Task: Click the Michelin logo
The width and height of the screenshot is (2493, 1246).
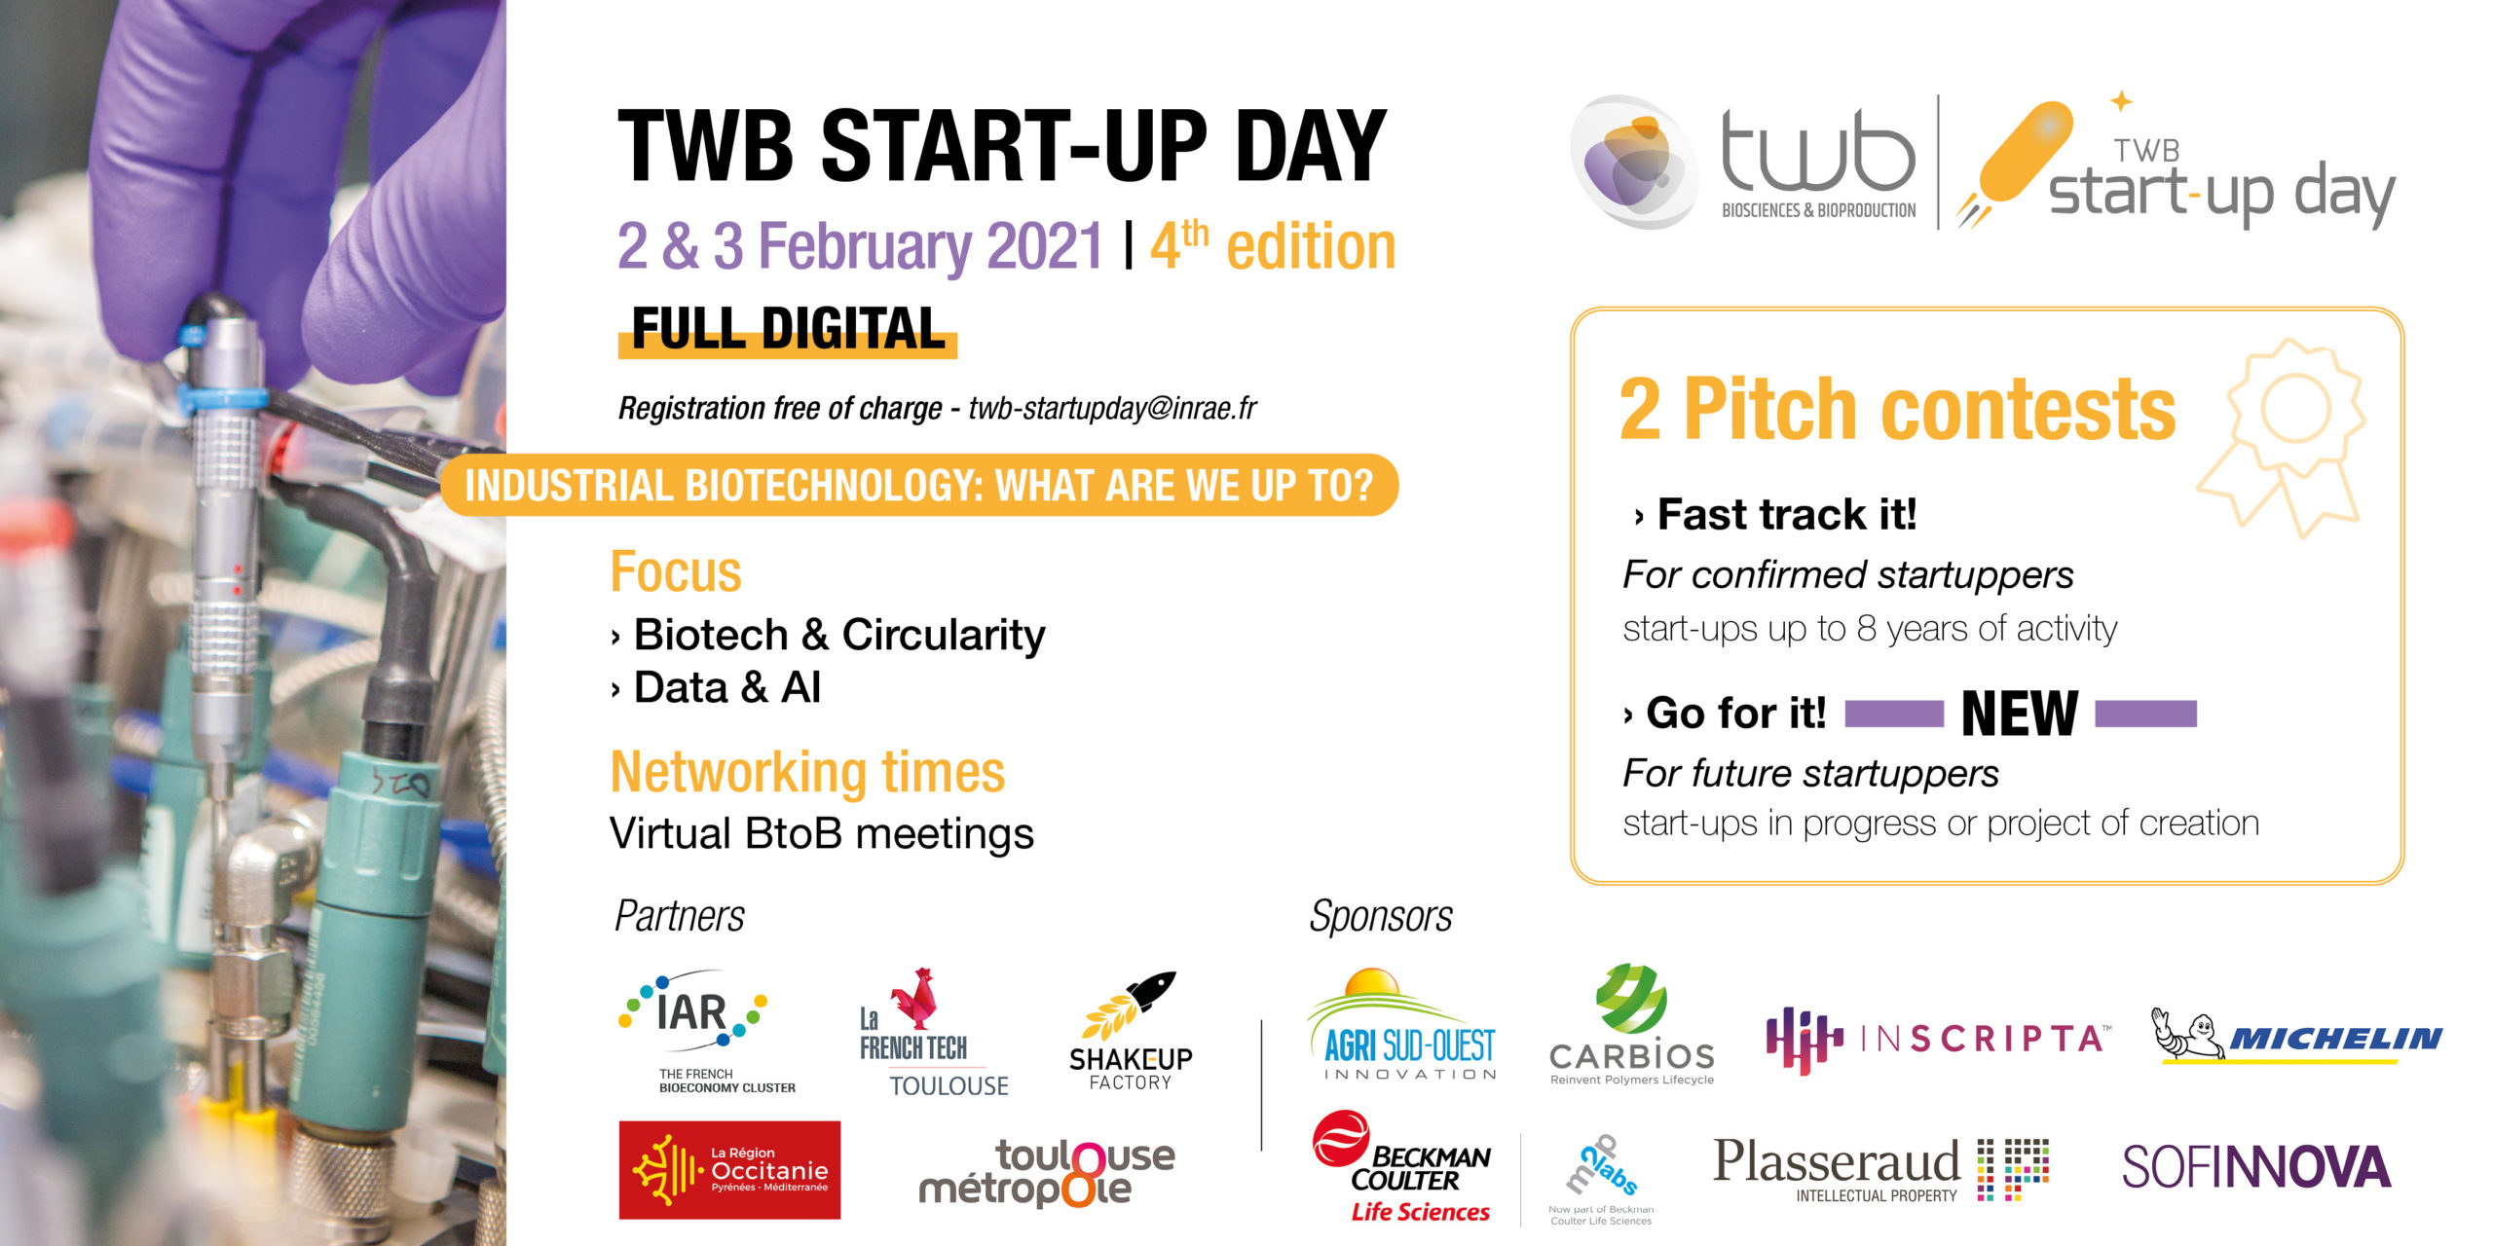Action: click(2297, 1036)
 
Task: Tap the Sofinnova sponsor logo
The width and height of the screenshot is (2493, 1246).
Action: click(2256, 1167)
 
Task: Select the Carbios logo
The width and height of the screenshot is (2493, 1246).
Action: click(1632, 1025)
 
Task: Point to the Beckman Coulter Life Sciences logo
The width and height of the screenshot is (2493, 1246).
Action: click(1402, 1167)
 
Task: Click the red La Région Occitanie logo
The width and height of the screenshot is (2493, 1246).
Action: click(729, 1169)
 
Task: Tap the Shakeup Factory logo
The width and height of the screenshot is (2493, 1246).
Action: click(1131, 1031)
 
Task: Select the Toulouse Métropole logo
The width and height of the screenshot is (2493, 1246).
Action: click(1048, 1173)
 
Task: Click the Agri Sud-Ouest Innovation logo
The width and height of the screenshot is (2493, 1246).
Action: click(1402, 1024)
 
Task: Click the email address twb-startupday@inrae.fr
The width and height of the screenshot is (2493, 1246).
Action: click(1112, 408)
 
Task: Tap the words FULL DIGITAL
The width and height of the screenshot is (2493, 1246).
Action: click(789, 328)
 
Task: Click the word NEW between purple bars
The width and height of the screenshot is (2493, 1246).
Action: click(2020, 714)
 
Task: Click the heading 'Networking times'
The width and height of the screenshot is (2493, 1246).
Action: click(807, 772)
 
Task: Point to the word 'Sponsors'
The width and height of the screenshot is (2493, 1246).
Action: click(1381, 916)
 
